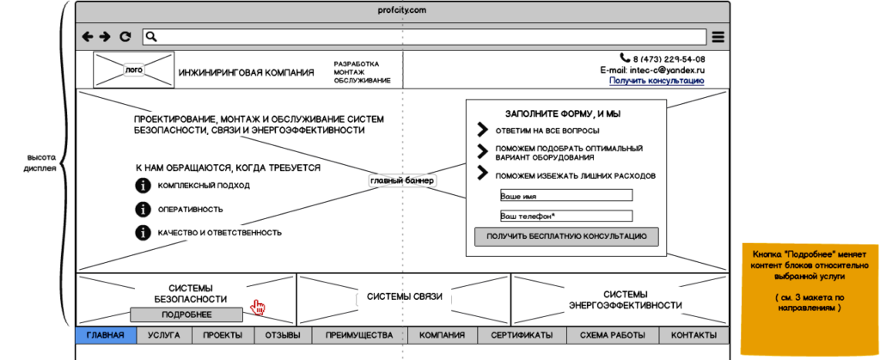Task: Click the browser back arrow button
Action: click(88, 37)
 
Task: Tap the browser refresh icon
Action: click(125, 37)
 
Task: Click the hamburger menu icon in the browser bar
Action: click(718, 37)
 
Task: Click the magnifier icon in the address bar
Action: click(151, 37)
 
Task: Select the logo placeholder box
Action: click(133, 70)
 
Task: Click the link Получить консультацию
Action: click(657, 81)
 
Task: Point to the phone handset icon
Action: click(626, 58)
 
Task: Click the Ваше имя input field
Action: click(566, 195)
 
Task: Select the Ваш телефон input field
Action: click(566, 216)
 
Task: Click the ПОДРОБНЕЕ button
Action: click(186, 314)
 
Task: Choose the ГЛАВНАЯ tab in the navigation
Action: click(106, 335)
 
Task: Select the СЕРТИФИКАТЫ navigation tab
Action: click(522, 335)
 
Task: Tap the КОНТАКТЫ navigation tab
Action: click(694, 335)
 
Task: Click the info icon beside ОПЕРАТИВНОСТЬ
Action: click(144, 209)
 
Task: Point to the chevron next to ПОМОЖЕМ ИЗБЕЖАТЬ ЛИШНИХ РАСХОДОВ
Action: click(482, 173)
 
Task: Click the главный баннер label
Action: click(402, 181)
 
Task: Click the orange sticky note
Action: click(810, 298)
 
